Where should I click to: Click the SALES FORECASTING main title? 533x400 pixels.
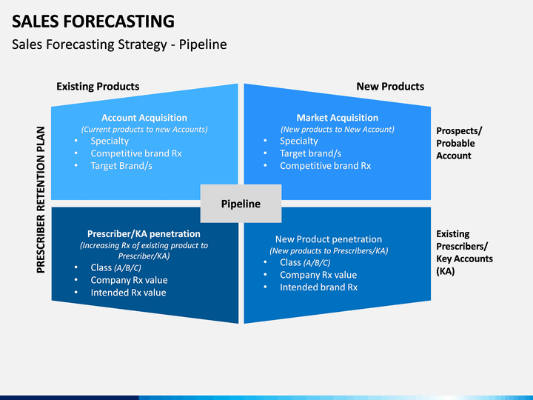point(93,21)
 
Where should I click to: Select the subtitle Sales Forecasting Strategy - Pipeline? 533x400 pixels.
point(119,44)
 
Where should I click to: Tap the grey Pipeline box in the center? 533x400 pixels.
point(241,204)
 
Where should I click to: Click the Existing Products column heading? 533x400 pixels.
point(98,87)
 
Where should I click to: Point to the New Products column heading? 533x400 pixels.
point(390,87)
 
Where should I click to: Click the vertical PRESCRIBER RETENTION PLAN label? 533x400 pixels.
point(41,200)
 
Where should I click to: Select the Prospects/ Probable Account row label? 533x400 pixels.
point(459,143)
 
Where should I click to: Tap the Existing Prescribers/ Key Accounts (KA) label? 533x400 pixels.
point(464,253)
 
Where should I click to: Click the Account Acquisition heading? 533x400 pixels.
point(144,118)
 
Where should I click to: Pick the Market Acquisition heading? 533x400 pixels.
point(338,118)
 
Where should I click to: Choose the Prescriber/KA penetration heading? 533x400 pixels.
point(144,233)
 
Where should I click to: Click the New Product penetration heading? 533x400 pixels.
point(329,239)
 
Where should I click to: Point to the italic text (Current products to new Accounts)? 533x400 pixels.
point(144,129)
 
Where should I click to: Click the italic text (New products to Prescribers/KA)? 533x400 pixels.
point(329,250)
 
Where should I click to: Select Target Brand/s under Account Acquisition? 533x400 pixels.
point(121,166)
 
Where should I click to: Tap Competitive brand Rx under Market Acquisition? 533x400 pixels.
point(325,166)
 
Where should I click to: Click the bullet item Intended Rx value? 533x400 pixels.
point(128,293)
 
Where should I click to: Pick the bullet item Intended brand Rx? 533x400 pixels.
point(318,287)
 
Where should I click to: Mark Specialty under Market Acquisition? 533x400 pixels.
point(299,141)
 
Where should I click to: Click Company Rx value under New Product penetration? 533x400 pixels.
point(318,275)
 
